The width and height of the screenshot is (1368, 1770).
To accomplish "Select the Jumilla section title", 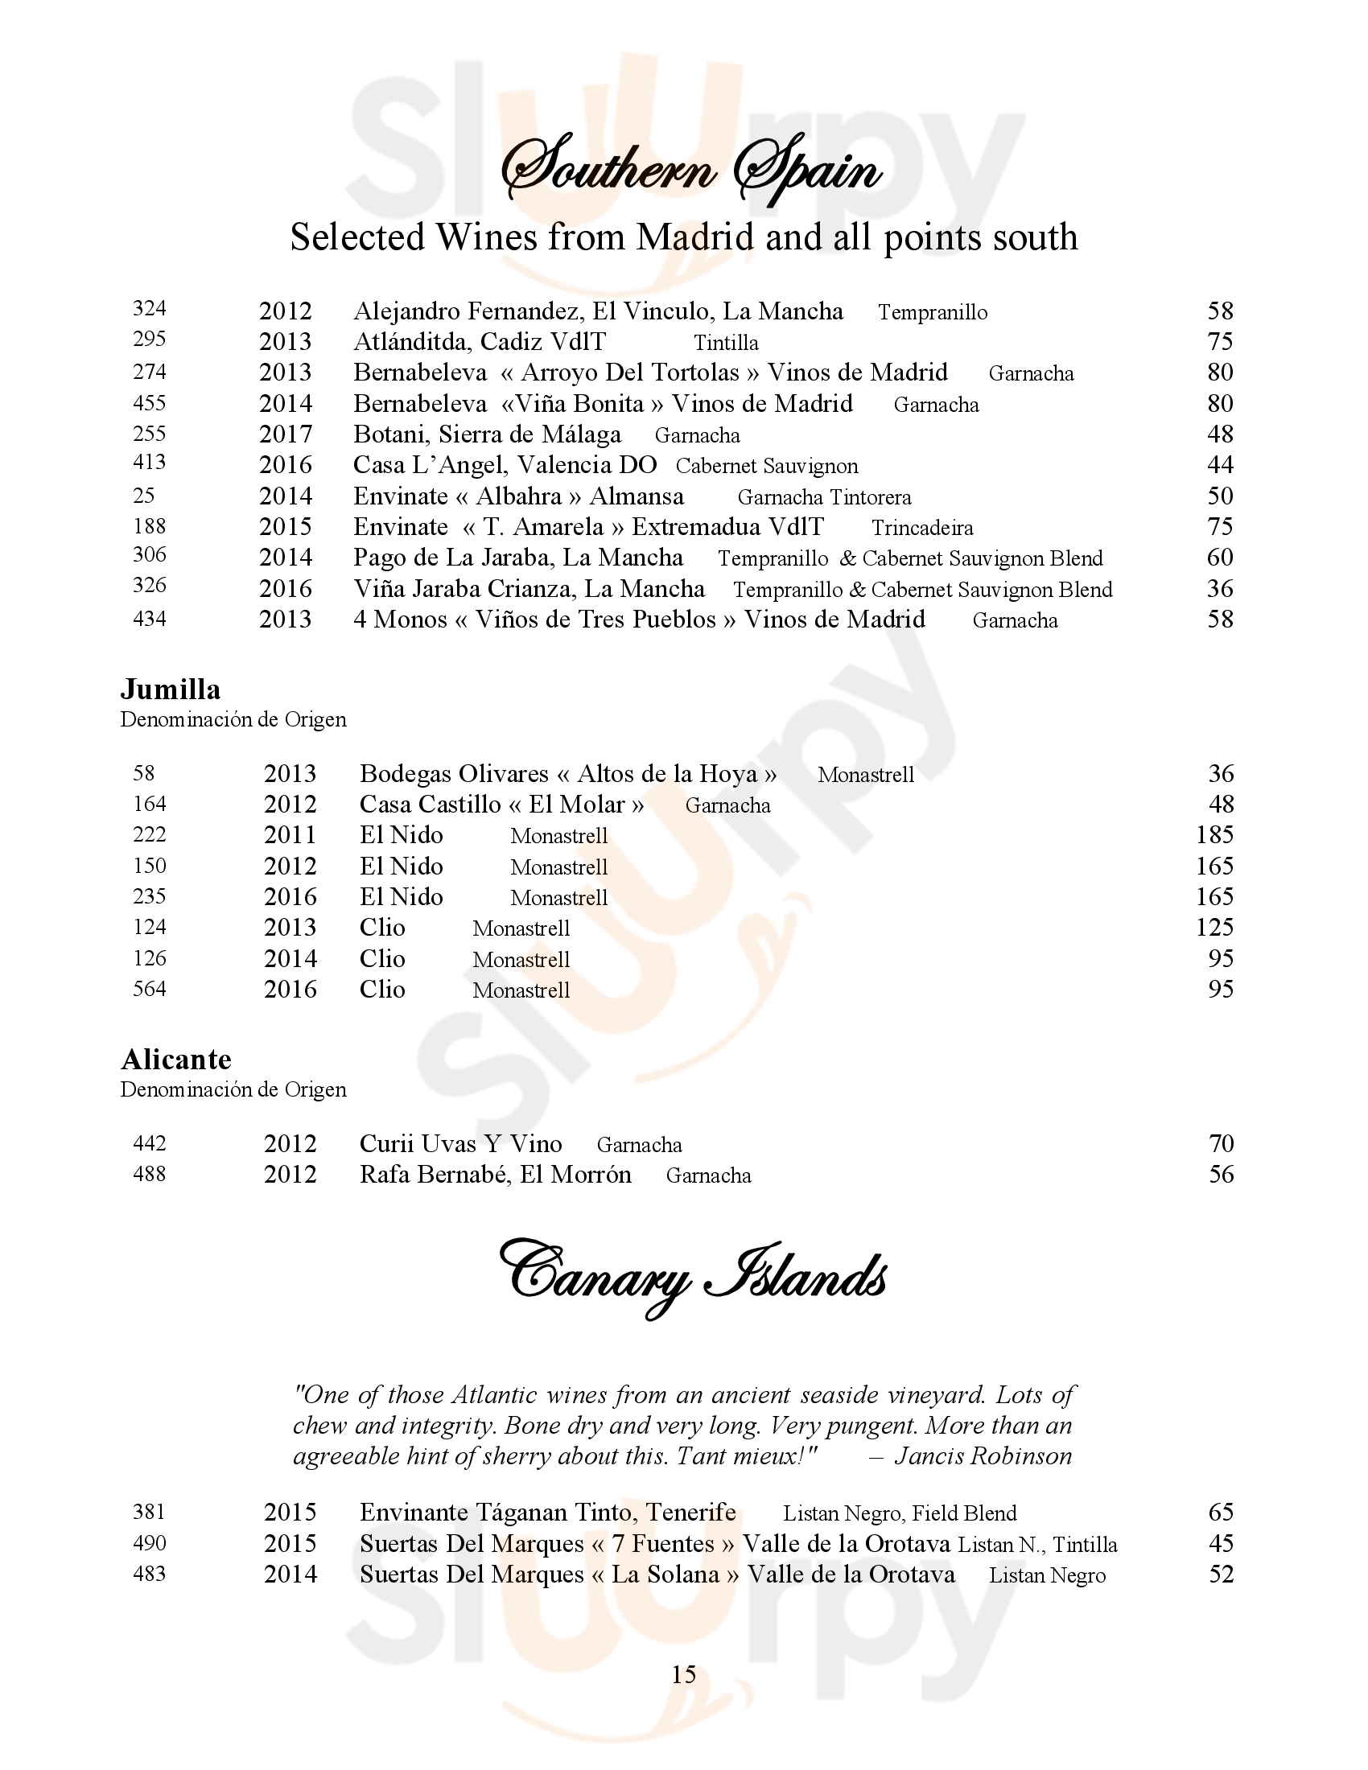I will pos(170,689).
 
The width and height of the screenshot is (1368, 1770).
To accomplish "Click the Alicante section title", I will pos(176,1060).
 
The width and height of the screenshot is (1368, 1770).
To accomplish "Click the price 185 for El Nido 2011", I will pos(1214,835).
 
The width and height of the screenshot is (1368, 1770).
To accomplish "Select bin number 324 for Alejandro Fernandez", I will pos(149,309).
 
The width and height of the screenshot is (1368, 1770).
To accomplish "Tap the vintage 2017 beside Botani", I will pos(286,434).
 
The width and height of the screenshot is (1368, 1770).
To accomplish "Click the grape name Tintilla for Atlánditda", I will pos(726,343).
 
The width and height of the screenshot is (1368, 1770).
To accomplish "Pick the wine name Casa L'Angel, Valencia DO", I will pos(504,465).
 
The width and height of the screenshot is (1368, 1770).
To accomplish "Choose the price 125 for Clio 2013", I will pos(1214,927).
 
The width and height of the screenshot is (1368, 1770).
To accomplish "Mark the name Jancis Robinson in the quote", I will pos(983,1456).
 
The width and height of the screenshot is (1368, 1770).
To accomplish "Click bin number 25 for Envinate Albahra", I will pos(143,495).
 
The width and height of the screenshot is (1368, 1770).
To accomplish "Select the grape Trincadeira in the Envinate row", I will pos(922,528).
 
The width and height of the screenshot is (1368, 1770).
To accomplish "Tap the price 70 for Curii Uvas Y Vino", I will pos(1221,1143).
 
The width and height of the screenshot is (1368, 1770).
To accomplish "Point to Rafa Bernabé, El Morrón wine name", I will pos(495,1175).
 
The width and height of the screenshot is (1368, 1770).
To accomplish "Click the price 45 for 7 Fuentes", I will pos(1221,1543).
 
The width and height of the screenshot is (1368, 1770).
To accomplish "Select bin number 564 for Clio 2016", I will pos(149,989).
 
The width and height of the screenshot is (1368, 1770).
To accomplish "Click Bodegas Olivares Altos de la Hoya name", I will pos(568,774).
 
